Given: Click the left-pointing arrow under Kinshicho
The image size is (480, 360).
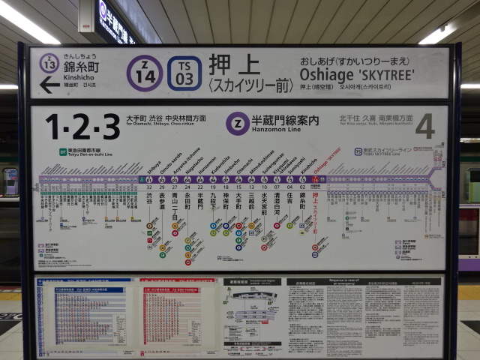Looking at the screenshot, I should (49, 85).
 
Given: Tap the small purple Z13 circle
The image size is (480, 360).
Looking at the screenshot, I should (49, 63).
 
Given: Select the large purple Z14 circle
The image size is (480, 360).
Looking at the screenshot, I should (145, 73).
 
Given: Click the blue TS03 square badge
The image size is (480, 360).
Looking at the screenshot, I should (184, 73).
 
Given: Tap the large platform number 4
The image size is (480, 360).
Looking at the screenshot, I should (424, 126).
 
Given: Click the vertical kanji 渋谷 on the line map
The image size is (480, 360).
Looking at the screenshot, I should (151, 202).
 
